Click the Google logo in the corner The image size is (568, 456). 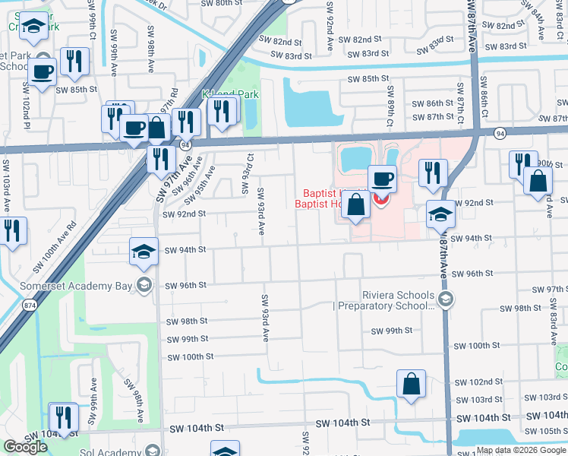pos(25,447)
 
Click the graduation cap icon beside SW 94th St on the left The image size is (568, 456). pos(144,252)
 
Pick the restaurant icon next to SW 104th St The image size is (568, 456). pos(63,416)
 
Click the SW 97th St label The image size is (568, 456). pos(550,290)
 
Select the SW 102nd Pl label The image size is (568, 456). pos(27,110)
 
